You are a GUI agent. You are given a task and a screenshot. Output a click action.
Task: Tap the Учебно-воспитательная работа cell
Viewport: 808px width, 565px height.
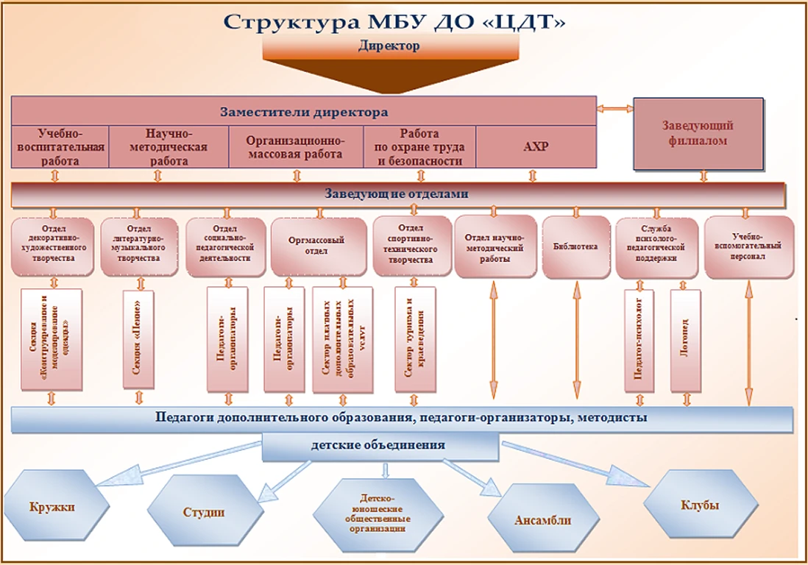(x=60, y=146)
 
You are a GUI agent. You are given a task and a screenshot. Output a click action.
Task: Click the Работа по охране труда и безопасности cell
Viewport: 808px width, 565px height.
(x=420, y=146)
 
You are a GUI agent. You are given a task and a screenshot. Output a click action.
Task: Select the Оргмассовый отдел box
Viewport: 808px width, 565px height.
(x=318, y=246)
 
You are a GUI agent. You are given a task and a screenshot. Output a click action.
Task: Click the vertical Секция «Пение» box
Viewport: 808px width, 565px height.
(x=138, y=339)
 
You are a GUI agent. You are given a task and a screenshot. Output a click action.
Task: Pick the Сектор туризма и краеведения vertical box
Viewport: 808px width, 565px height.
(x=415, y=339)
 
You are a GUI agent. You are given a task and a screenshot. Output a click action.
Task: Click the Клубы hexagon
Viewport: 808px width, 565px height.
(x=701, y=505)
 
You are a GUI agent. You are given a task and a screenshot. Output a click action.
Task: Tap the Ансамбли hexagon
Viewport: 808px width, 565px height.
(x=542, y=520)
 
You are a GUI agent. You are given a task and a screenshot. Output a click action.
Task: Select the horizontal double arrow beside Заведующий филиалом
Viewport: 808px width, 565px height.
(x=614, y=109)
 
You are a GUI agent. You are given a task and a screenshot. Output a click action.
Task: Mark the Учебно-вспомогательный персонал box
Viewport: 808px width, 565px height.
(x=749, y=246)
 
